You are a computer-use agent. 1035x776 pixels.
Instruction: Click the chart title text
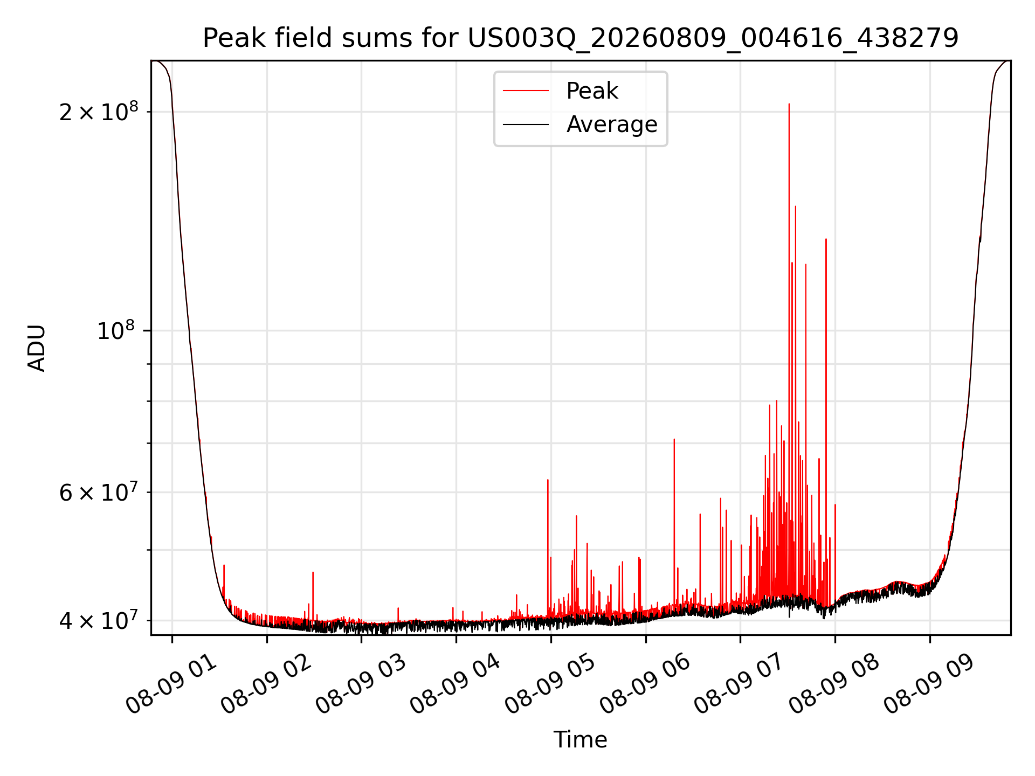(581, 38)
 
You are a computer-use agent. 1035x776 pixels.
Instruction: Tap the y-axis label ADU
(37, 348)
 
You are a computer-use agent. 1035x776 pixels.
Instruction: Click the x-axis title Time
(581, 740)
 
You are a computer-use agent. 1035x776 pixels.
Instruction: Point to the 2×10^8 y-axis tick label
(99, 112)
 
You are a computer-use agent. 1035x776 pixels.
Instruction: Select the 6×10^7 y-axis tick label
(99, 491)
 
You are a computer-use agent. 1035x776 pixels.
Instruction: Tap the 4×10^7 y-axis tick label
(99, 620)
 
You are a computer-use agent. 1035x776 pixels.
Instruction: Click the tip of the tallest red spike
(789, 104)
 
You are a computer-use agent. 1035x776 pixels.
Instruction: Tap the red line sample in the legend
(526, 91)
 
